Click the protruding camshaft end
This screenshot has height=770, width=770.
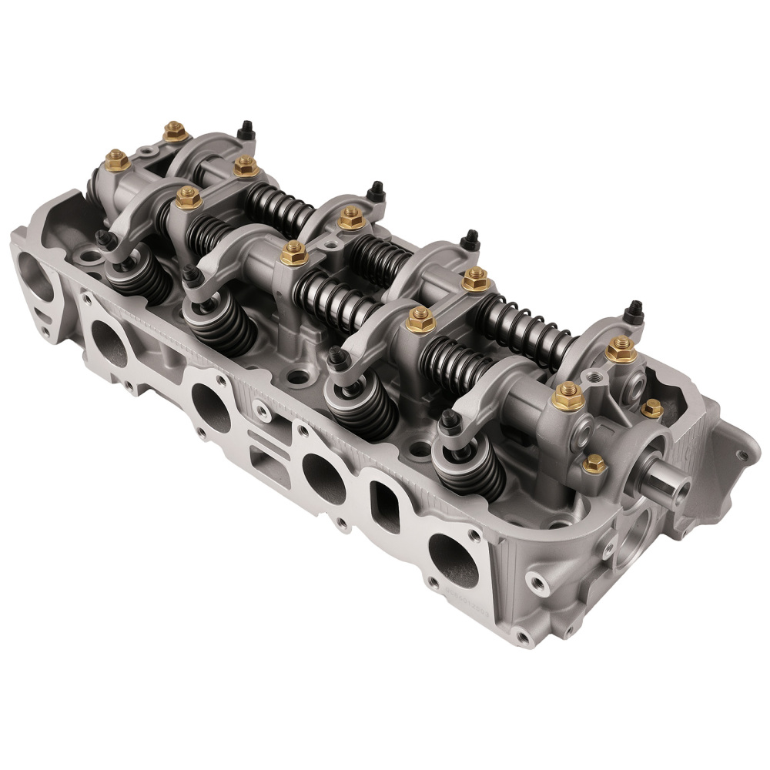[x=668, y=485]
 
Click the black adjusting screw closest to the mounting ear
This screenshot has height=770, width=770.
[x=634, y=312]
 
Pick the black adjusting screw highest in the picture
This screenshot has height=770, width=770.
[x=246, y=130]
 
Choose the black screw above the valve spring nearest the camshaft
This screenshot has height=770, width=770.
[x=450, y=420]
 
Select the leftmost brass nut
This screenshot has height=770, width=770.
[x=117, y=159]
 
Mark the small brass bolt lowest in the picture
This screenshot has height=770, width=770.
[x=594, y=464]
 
